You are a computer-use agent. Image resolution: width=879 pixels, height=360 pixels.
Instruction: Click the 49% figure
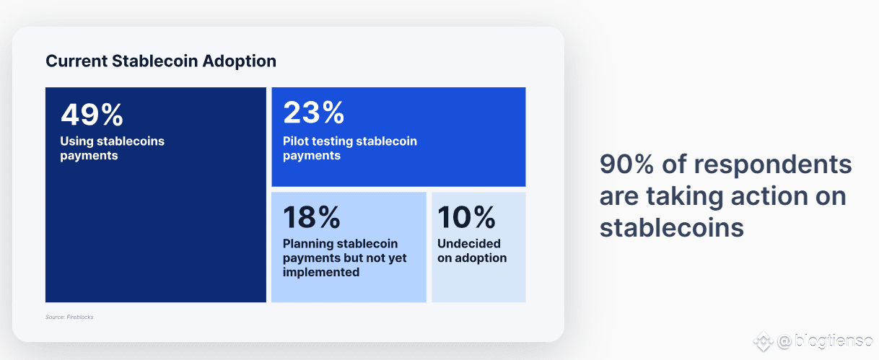tap(92, 115)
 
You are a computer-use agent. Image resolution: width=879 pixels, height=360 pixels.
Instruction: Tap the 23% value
tap(313, 113)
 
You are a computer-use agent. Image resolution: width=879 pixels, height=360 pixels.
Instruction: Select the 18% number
tap(312, 217)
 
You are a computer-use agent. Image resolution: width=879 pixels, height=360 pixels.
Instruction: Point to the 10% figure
tap(467, 217)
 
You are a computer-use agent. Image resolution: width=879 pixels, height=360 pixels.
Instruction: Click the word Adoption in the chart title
tap(240, 61)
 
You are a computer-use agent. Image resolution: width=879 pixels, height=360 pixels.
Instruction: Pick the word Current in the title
tap(76, 61)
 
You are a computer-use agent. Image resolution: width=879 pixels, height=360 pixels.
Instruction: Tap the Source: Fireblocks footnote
tap(69, 317)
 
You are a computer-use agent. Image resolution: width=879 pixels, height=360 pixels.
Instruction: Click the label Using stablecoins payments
tap(113, 148)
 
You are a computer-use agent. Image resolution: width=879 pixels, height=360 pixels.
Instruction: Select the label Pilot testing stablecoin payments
tap(350, 148)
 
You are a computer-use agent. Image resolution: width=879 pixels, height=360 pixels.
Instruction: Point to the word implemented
tap(321, 272)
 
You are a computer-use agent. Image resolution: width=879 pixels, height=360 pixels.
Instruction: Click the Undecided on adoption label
tap(472, 250)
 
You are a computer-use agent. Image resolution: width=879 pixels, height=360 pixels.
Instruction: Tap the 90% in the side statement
tap(626, 164)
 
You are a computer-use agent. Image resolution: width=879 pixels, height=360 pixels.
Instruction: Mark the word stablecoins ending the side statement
tap(672, 227)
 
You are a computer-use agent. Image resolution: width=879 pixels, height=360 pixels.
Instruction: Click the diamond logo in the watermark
tap(764, 341)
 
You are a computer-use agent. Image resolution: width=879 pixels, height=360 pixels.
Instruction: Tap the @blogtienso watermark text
tap(825, 341)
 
